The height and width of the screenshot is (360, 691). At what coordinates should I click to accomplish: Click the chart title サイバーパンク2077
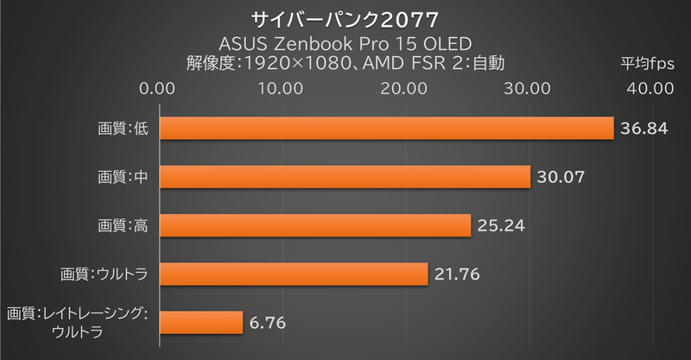[x=345, y=18]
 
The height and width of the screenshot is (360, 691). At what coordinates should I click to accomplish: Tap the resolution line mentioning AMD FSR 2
[x=345, y=63]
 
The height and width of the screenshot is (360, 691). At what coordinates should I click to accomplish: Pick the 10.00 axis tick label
[x=281, y=88]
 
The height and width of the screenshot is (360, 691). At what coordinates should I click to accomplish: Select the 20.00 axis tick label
[x=404, y=88]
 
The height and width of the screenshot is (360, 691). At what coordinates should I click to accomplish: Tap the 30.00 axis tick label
[x=528, y=88]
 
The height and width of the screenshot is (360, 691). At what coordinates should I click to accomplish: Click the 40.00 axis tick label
[x=650, y=88]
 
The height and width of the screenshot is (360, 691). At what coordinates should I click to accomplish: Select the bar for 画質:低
[x=385, y=129]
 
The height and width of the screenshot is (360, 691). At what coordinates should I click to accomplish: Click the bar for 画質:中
[x=344, y=177]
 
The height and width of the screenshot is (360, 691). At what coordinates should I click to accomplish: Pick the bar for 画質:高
[x=314, y=225]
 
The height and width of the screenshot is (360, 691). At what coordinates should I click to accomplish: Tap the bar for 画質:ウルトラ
[x=293, y=274]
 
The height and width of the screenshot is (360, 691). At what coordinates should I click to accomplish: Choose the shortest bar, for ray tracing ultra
[x=200, y=323]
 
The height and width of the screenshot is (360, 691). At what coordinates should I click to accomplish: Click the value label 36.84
[x=644, y=129]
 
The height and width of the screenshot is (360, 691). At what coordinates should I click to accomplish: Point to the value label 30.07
[x=561, y=177]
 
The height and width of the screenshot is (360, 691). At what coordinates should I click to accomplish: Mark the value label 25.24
[x=501, y=225]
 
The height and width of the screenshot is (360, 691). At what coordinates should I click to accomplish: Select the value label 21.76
[x=458, y=274]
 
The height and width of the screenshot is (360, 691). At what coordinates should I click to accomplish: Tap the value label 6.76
[x=267, y=323]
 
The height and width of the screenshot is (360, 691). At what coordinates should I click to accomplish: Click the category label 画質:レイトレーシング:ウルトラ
[x=78, y=323]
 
